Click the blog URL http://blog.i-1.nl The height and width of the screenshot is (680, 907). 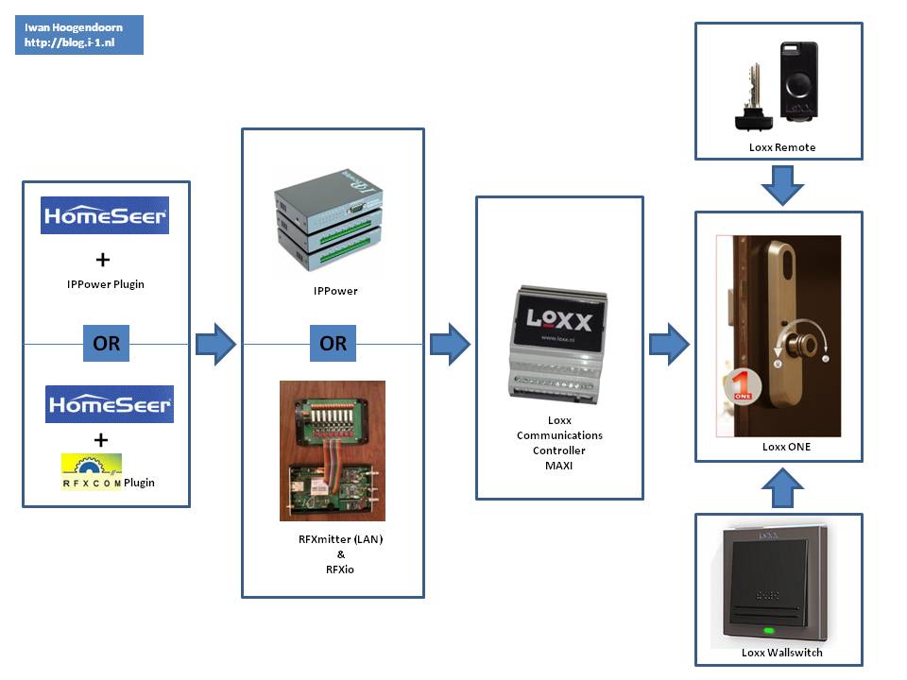click(69, 43)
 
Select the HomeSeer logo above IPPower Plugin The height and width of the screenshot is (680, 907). click(105, 215)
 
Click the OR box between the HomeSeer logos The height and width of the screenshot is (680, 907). click(106, 344)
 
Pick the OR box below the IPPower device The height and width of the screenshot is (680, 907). click(333, 344)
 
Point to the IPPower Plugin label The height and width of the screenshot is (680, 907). click(105, 283)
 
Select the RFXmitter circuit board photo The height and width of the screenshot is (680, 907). click(333, 450)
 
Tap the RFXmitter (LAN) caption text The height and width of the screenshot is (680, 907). click(334, 539)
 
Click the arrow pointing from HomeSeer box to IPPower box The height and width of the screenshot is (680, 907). click(215, 344)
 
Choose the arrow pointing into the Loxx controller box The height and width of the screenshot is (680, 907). click(450, 344)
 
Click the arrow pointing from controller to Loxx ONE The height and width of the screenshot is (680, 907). click(669, 344)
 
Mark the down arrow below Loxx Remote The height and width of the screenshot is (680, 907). click(782, 185)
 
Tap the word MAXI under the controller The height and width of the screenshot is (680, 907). click(559, 465)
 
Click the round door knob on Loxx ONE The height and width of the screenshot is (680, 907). click(803, 344)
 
